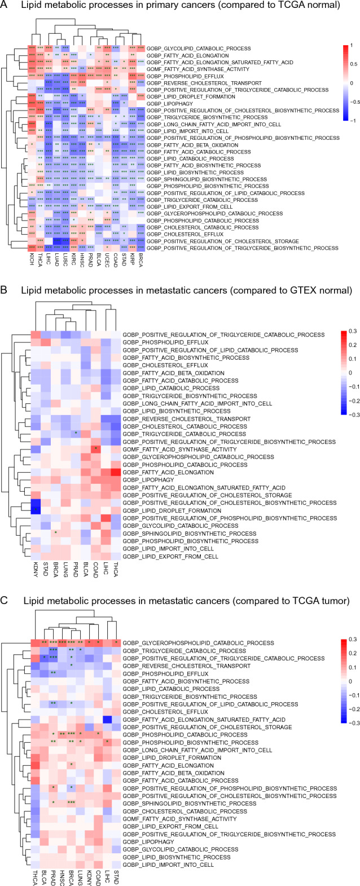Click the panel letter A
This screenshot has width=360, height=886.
point(5,6)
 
